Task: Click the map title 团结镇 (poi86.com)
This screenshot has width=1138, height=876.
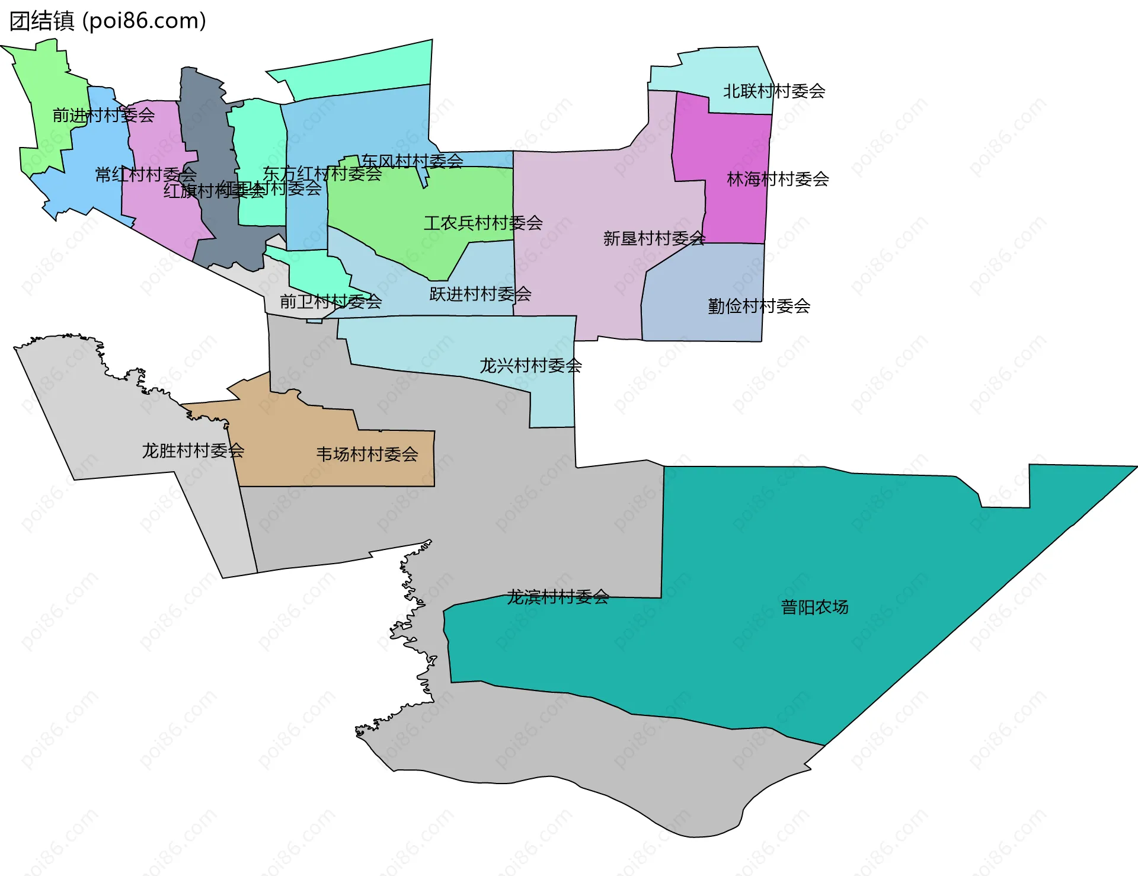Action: [x=108, y=21]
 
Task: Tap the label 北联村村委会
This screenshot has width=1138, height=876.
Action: [x=773, y=91]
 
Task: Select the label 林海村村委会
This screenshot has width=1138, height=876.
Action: [x=777, y=179]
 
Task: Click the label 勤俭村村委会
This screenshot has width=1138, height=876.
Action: [x=759, y=306]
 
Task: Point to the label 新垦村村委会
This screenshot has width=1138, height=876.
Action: [x=654, y=239]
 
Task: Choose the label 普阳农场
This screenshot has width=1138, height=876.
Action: [x=814, y=608]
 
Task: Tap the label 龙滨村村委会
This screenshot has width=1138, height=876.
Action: [x=557, y=597]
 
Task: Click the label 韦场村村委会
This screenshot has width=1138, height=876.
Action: [x=367, y=455]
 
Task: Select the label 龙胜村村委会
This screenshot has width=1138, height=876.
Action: [x=193, y=451]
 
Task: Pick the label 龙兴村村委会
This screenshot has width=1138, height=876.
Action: [x=530, y=366]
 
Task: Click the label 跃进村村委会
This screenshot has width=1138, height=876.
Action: [x=480, y=294]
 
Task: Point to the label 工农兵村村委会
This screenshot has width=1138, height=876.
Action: [x=483, y=223]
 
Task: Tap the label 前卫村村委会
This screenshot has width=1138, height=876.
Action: [x=330, y=302]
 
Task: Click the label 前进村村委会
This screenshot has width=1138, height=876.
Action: [x=103, y=116]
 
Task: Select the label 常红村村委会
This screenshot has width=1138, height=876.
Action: [x=145, y=175]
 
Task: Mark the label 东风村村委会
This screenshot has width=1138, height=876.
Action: [x=412, y=161]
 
